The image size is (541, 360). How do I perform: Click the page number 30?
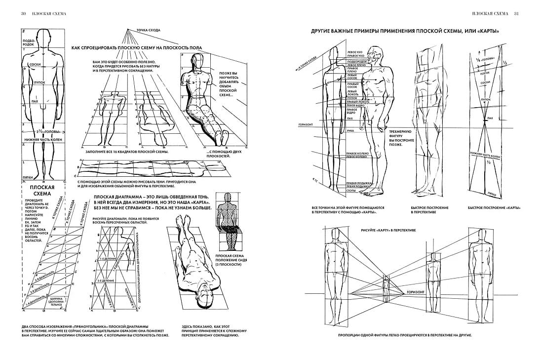pyautogui.click(x=23, y=13)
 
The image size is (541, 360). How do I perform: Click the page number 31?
pyautogui.click(x=517, y=13)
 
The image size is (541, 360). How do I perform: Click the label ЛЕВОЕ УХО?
pyautogui.click(x=355, y=51)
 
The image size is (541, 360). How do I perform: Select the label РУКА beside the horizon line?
pyautogui.click(x=350, y=131)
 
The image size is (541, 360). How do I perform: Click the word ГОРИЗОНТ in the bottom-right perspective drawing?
pyautogui.click(x=416, y=292)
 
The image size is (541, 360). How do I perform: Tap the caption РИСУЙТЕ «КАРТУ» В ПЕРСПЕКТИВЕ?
pyautogui.click(x=388, y=231)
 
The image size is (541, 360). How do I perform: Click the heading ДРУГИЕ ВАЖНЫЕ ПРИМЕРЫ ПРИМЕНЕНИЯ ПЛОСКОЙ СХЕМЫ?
pyautogui.click(x=405, y=31)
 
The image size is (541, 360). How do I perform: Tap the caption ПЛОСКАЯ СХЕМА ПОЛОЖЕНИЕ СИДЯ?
pyautogui.click(x=228, y=260)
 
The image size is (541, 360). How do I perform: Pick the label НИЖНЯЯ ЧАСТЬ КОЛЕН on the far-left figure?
pyautogui.click(x=41, y=140)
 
